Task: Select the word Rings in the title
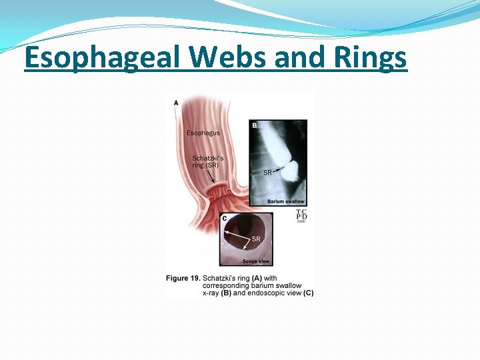[x=368, y=58]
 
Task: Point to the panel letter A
[x=176, y=103]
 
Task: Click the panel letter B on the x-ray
[x=255, y=125]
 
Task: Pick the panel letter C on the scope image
[x=225, y=219]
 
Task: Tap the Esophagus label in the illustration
[x=203, y=133]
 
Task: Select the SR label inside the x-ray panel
[x=267, y=173]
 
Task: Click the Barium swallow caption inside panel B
[x=285, y=201]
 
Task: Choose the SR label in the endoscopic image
[x=255, y=239]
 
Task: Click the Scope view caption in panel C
[x=255, y=262]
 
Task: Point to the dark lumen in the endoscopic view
[x=247, y=225]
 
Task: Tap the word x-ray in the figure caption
[x=176, y=293]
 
